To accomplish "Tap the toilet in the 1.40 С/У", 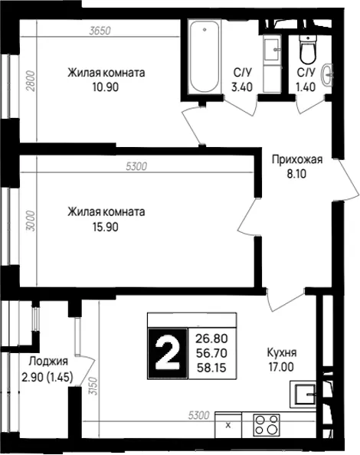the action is (x=307, y=48).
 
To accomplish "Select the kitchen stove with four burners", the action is (x=267, y=425).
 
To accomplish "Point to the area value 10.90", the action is (x=106, y=87).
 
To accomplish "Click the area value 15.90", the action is (x=106, y=227).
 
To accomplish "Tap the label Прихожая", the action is (x=297, y=159).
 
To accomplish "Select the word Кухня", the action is (x=282, y=353).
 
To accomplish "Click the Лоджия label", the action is (x=48, y=362).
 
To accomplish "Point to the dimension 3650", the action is (x=100, y=31).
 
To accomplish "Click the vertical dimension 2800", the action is (x=31, y=81).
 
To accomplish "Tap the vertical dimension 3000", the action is (x=31, y=221).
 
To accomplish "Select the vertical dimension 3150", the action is (x=93, y=386).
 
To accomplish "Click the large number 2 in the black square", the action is (x=167, y=354).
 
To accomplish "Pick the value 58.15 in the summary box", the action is (x=211, y=368).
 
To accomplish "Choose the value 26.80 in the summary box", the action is (x=211, y=339).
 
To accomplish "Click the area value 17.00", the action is (x=281, y=368).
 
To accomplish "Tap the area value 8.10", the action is (x=296, y=174).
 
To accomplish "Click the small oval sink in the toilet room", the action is (x=327, y=75).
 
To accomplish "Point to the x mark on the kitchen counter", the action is (x=228, y=425).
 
